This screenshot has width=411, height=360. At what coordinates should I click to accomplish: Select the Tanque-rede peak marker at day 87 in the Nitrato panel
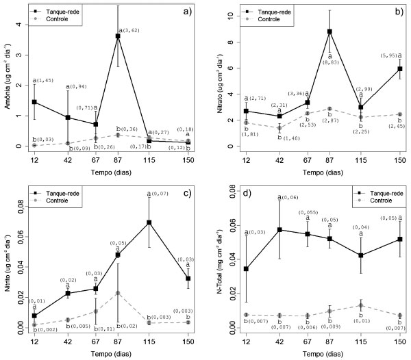pyautogui.click(x=329, y=31)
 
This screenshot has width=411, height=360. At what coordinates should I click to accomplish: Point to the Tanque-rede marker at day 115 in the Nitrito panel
pyautogui.click(x=149, y=222)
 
